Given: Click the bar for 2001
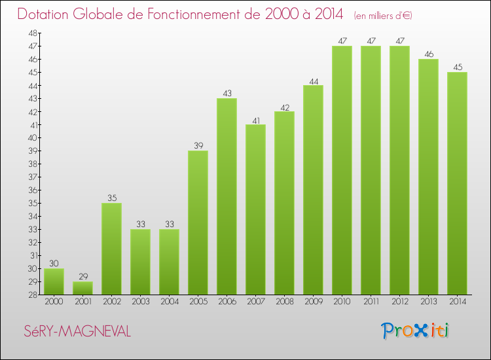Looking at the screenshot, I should pyautogui.click(x=82, y=288).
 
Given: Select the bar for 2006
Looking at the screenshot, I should pyautogui.click(x=227, y=196).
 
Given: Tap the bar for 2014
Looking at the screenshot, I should pyautogui.click(x=457, y=183).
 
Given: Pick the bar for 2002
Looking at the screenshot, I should pyautogui.click(x=111, y=249).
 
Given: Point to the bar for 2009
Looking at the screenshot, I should pyautogui.click(x=313, y=190).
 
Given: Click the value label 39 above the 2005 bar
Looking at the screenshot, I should pyautogui.click(x=198, y=145).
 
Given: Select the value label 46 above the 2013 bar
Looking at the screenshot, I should pyautogui.click(x=428, y=54).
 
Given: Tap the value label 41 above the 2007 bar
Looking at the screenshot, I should pyautogui.click(x=255, y=119).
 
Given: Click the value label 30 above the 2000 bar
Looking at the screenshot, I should pyautogui.click(x=54, y=263).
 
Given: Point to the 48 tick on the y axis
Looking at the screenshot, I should pyautogui.click(x=32, y=33).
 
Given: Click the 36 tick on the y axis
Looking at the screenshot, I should pyautogui.click(x=32, y=190).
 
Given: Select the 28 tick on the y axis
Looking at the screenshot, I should pyautogui.click(x=32, y=295).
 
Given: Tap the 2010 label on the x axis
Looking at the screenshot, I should pyautogui.click(x=342, y=302).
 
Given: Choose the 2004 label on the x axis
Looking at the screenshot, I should pyautogui.click(x=169, y=302).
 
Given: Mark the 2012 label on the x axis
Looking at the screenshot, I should pyautogui.click(x=399, y=302).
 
